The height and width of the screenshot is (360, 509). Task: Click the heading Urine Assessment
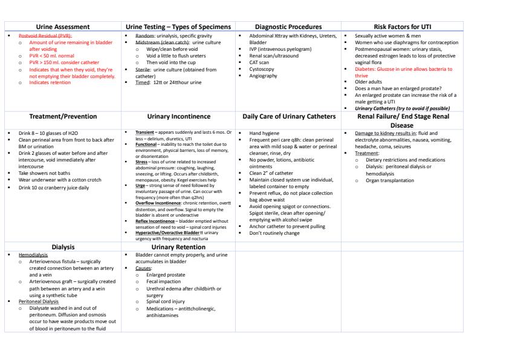tap(63, 27)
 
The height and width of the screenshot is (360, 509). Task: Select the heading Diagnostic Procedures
tap(288, 27)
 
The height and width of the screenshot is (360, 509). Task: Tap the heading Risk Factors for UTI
tap(403, 27)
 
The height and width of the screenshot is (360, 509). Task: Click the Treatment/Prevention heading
tap(63, 116)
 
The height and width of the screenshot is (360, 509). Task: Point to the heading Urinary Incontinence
tap(178, 116)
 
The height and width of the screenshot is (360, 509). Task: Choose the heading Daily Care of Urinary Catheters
tap(288, 116)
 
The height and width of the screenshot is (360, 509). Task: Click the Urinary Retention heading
tap(178, 247)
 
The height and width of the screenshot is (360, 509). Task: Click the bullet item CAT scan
tap(261, 62)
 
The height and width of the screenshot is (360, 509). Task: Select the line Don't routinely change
tap(274, 233)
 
